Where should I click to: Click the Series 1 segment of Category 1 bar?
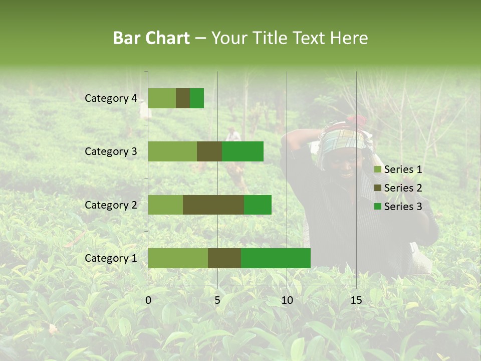tap(178, 258)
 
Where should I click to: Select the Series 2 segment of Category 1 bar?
tap(224, 258)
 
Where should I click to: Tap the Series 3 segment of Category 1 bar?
tap(276, 258)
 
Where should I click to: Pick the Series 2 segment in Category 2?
tap(213, 205)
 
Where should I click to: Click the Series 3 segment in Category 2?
tap(258, 205)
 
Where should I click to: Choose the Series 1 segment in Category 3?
tap(172, 151)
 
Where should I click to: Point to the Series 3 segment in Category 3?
tap(243, 151)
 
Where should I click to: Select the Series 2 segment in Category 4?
tap(183, 98)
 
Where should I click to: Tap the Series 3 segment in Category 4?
tap(197, 98)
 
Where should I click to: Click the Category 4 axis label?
tap(111, 98)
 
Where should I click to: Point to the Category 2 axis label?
tap(111, 205)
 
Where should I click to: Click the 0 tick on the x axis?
tap(148, 300)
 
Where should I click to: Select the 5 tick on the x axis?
tap(217, 300)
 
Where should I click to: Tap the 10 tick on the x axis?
tap(287, 300)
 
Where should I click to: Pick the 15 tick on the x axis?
tap(356, 300)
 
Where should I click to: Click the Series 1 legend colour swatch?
tap(378, 170)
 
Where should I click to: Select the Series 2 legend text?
tap(403, 188)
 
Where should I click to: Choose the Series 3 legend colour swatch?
tap(378, 207)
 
